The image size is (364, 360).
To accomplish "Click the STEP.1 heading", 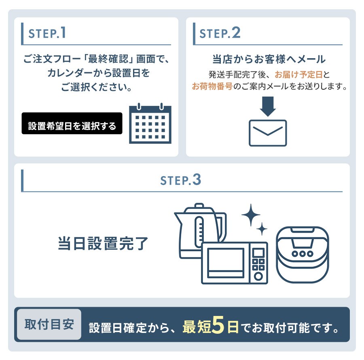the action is pos(47,33).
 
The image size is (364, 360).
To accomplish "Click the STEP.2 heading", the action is pos(220,33).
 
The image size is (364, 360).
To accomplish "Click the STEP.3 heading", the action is pos(181,180).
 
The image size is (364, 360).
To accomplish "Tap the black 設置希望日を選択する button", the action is pos(72,123).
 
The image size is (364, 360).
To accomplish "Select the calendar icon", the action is pos(150,123).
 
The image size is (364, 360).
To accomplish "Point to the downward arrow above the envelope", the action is pos(268,107).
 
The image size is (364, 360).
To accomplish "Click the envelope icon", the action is pos(268,133).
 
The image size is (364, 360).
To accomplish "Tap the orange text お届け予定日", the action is pos(298,75).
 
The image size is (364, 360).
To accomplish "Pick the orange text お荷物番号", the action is pos(212,86).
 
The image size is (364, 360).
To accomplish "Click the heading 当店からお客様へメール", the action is pos(269,59).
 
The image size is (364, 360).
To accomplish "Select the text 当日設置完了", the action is pos(103,244).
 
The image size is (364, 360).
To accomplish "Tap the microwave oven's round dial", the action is pos(258,276).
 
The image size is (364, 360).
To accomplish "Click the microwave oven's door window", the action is pos(226,263).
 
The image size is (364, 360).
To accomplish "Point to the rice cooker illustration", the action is pos(302,255).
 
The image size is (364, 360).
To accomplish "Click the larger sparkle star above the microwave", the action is pos(251,215).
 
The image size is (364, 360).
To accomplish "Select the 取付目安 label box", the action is pos(49,324).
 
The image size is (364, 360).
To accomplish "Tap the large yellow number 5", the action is pos(218,325).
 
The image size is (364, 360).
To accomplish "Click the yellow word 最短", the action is pos(197,327).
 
